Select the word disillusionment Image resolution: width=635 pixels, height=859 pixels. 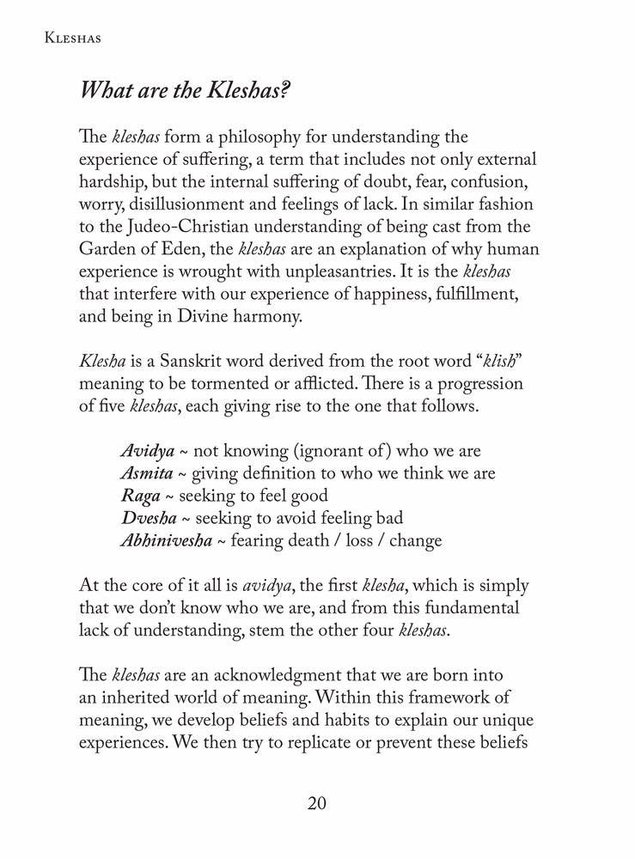[182, 204]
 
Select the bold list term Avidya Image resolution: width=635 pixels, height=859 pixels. [148, 451]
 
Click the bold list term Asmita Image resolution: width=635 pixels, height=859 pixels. [149, 473]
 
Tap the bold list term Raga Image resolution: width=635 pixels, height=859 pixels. [139, 496]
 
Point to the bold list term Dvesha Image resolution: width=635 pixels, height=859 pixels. [149, 518]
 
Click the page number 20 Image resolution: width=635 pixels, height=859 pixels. [317, 803]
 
